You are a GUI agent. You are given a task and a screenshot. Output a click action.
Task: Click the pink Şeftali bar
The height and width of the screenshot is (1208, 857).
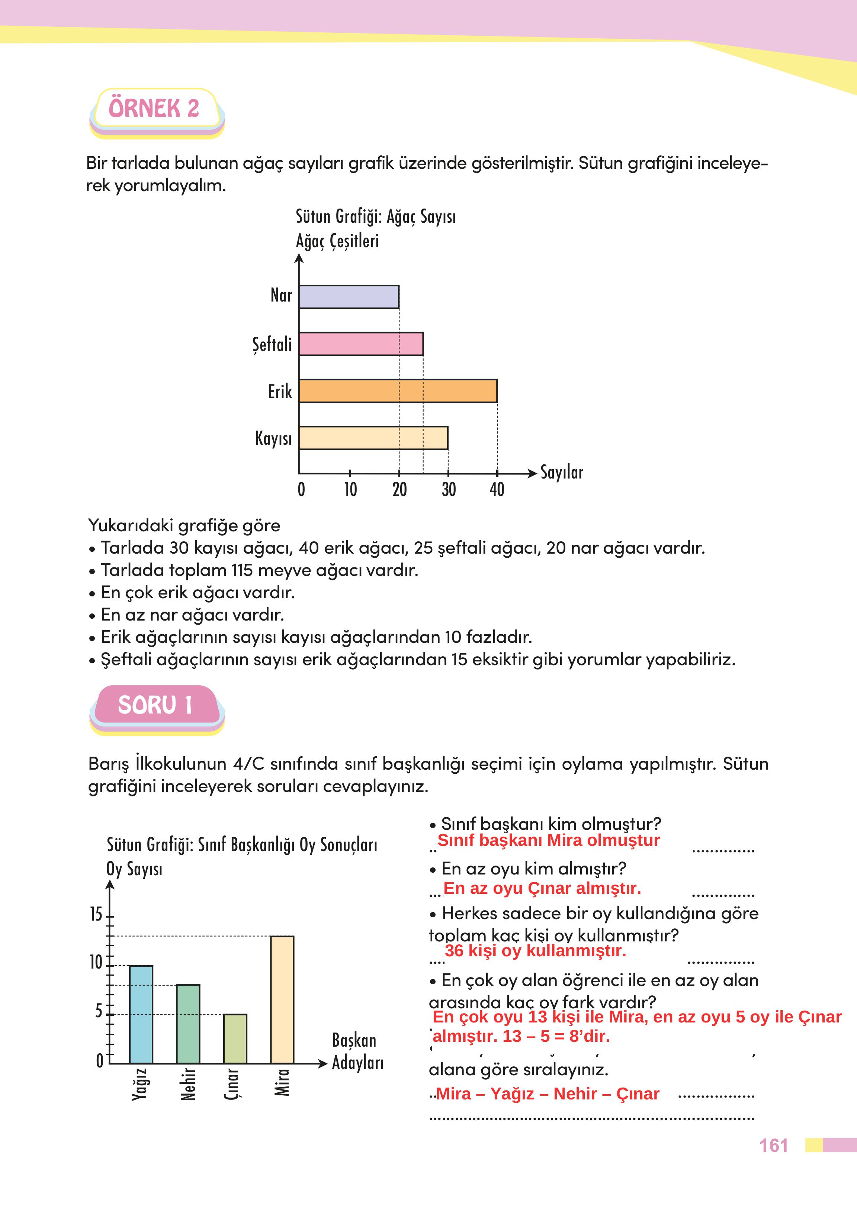(361, 344)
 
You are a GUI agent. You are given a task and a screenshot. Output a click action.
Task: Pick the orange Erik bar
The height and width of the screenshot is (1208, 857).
(398, 391)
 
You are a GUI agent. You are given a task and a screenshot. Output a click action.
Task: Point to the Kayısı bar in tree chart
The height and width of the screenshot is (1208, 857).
(373, 438)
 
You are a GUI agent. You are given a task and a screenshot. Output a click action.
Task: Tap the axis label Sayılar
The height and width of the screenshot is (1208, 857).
(562, 472)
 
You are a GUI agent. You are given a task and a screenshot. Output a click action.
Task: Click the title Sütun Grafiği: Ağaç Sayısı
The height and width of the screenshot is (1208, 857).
(376, 216)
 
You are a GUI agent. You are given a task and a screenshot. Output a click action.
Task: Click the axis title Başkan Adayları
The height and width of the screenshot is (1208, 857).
(357, 1051)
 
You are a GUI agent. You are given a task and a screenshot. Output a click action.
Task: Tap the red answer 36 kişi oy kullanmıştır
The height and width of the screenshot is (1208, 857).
(535, 951)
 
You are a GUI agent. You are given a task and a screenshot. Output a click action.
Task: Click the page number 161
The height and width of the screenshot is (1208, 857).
(773, 1146)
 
